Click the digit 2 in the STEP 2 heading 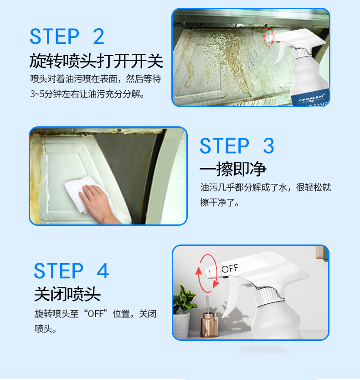coord(98,36)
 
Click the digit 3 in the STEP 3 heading coord(268,146)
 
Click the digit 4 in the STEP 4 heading coord(103,271)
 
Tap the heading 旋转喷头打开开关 coord(96,61)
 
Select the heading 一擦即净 coord(233,169)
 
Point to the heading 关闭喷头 coord(67,294)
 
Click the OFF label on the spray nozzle coord(230,268)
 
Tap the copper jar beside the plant coord(209,324)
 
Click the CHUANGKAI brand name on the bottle coord(311,99)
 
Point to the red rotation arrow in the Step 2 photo coord(268,37)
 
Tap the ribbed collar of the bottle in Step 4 coord(266,296)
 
